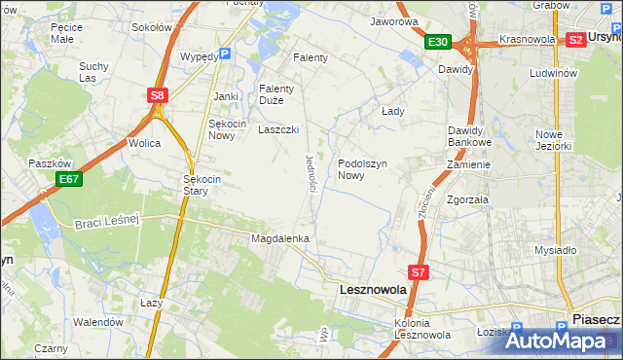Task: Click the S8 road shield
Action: click(158, 95)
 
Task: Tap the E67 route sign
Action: click(68, 179)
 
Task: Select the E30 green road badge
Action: click(437, 42)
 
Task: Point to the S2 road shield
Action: click(575, 40)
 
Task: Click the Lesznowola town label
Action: click(371, 290)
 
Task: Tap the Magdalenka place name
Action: click(280, 238)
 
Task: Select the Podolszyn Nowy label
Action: click(364, 170)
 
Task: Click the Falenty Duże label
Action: click(283, 94)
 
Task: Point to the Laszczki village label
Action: click(278, 129)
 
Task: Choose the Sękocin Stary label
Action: click(204, 185)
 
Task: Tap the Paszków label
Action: click(47, 163)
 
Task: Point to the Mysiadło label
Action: click(556, 250)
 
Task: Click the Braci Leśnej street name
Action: click(107, 222)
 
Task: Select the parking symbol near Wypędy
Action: click(225, 55)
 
